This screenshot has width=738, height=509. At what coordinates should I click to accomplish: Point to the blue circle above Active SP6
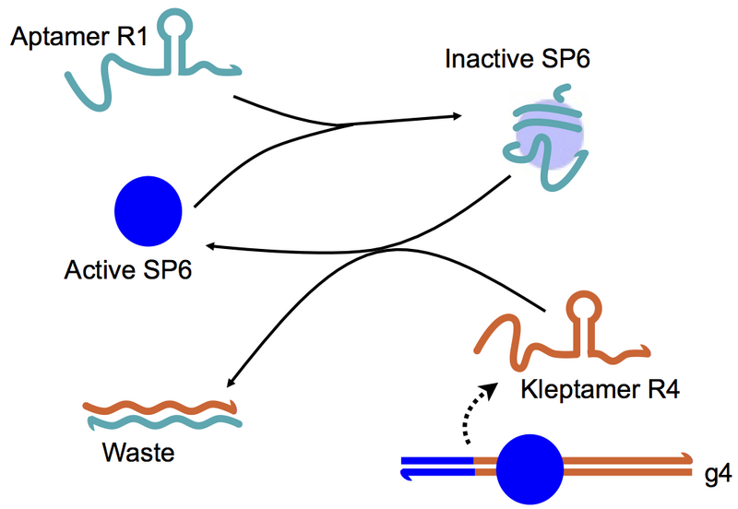click(148, 209)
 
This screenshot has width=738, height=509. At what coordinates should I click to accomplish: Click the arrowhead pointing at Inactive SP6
click(455, 116)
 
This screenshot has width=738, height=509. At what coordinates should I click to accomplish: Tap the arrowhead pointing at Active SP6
click(211, 246)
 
